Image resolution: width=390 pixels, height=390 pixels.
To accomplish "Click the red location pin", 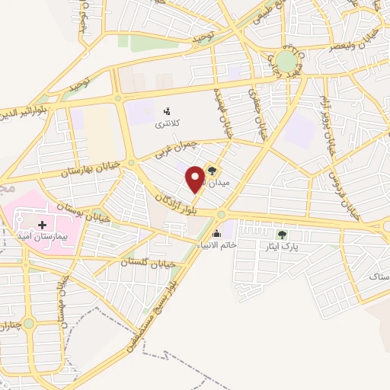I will point(196,178).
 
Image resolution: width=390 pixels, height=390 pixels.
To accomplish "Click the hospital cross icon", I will point(42,225).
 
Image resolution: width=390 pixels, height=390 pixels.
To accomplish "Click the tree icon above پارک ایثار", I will point(283,235).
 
